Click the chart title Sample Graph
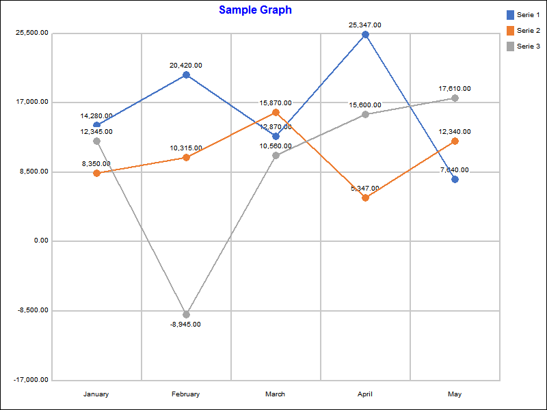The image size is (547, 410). [x=255, y=10]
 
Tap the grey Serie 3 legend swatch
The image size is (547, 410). [x=510, y=46]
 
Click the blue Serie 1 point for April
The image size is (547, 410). [x=365, y=34]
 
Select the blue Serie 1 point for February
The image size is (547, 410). [x=186, y=74]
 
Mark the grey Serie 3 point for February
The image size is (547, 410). [x=186, y=314]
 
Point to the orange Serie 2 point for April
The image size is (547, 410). [x=365, y=197]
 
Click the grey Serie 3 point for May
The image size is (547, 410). [x=455, y=98]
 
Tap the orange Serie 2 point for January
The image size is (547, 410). [x=96, y=173]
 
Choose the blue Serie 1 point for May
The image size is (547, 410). [x=455, y=179]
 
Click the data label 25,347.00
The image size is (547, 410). [x=365, y=25]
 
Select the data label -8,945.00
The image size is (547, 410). [x=186, y=325]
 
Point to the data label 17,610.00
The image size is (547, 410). [x=455, y=89]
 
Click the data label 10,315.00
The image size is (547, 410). [x=186, y=148]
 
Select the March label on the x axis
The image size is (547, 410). [x=276, y=394]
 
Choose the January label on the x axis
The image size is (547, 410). [x=96, y=394]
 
